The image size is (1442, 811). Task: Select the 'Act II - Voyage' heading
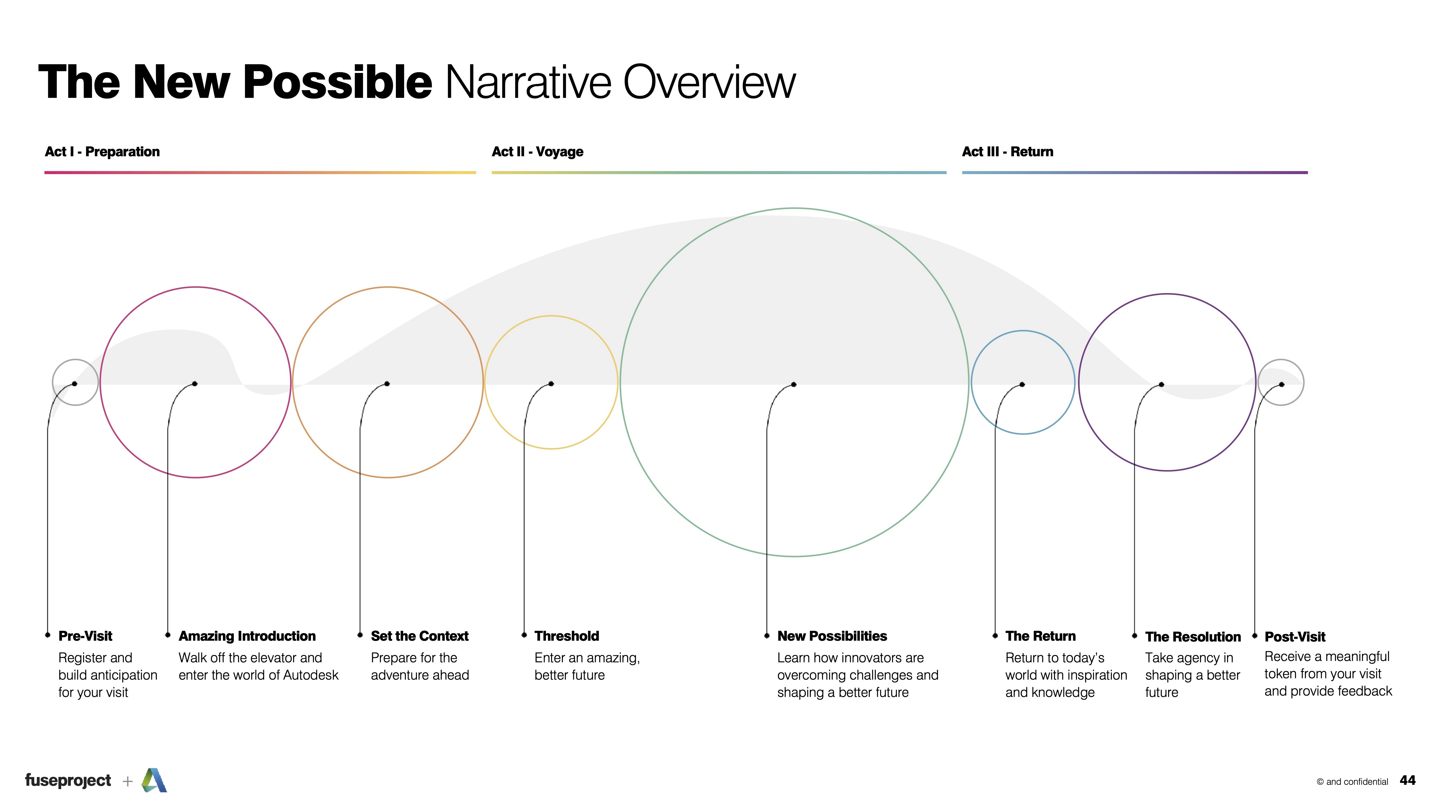(x=537, y=152)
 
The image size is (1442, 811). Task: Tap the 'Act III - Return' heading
(x=1007, y=152)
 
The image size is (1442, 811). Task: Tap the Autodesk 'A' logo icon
(x=154, y=780)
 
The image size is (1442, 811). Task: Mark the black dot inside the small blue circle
(x=1022, y=384)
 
